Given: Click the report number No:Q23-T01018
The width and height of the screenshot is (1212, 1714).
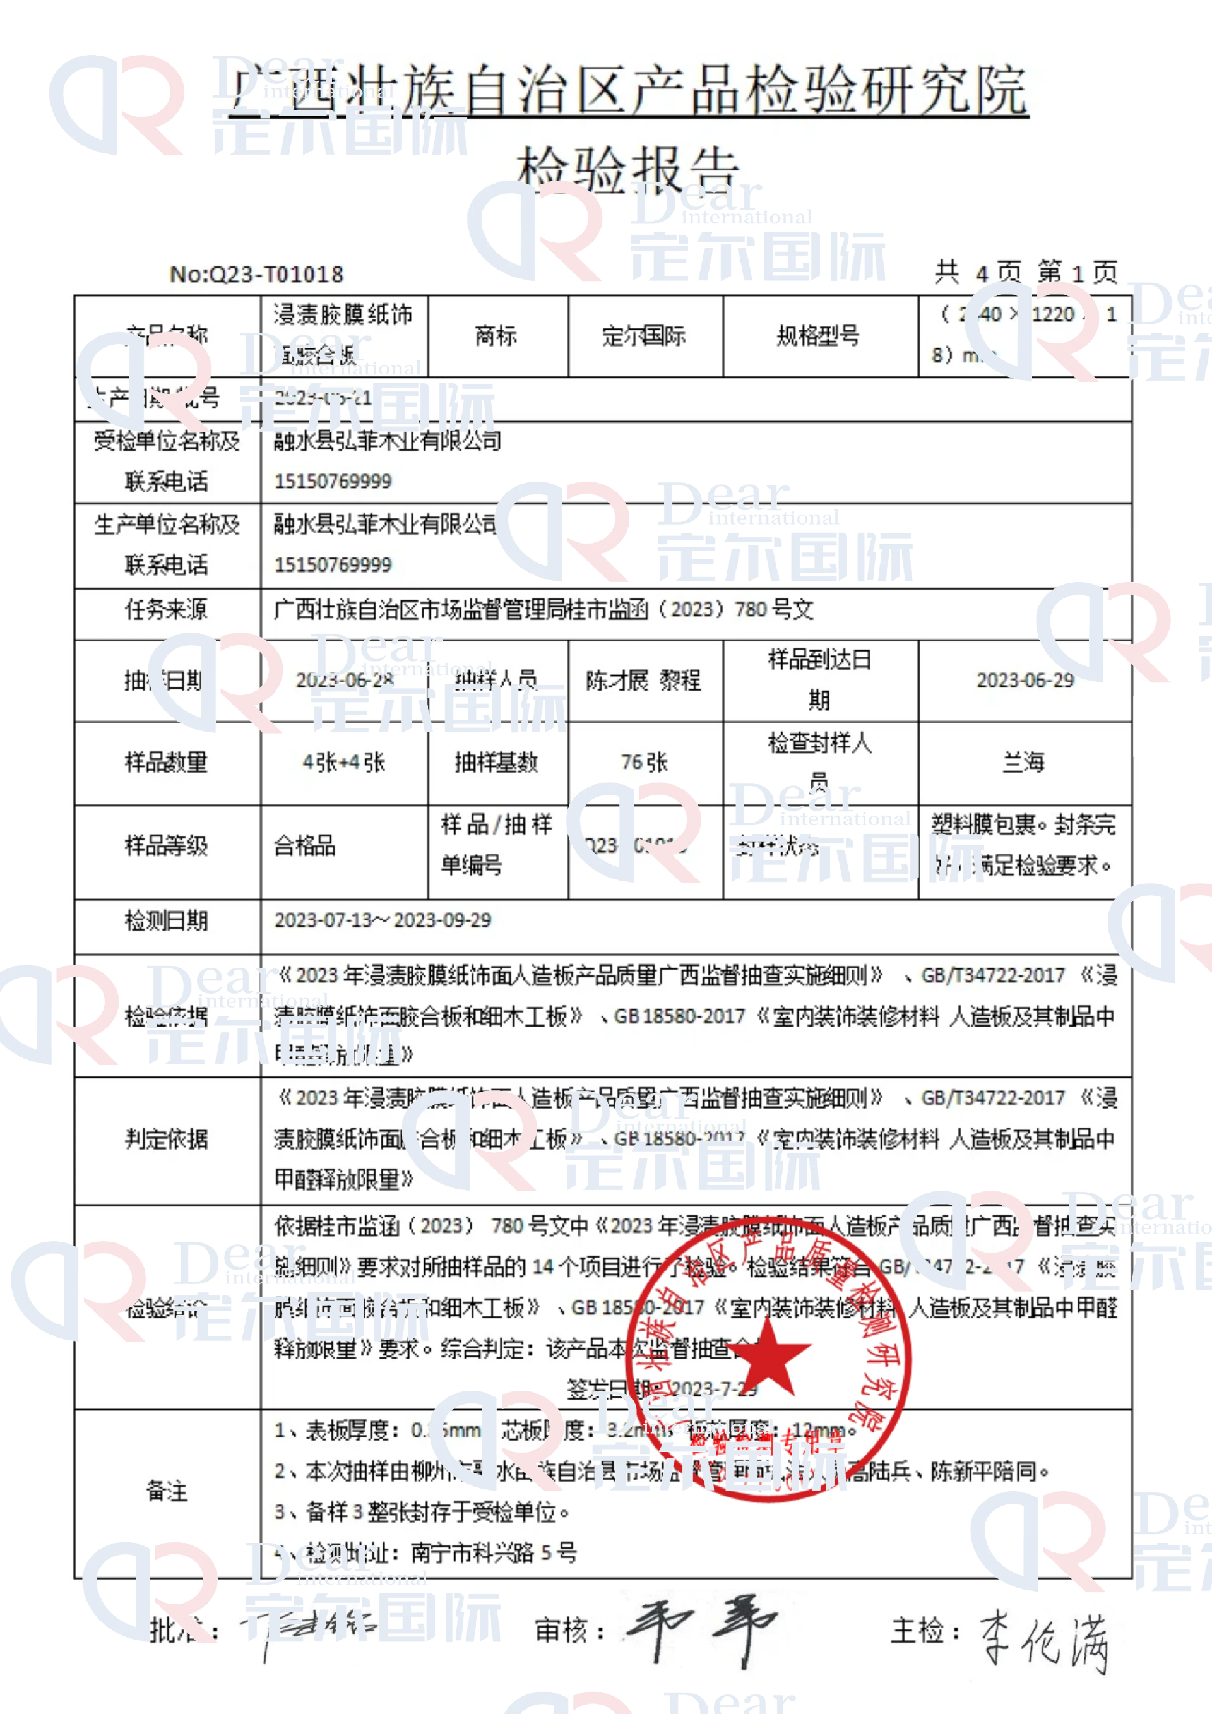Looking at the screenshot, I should coord(256,274).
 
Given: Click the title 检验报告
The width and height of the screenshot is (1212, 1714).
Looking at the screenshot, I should coord(627,168).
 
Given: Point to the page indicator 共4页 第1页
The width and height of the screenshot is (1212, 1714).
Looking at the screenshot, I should coord(1026,273).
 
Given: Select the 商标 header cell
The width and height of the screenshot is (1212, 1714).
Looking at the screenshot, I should coord(496,336).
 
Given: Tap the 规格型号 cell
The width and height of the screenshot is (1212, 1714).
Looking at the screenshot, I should coord(819,336).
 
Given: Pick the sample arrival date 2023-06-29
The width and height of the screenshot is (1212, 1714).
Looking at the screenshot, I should coord(1025,680).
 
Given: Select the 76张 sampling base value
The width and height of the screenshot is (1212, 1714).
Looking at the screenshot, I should coord(644,762).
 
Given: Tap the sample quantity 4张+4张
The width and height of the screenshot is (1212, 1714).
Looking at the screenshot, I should coord(344,762).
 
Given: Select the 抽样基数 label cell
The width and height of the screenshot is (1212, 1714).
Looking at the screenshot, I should coord(496,762).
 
